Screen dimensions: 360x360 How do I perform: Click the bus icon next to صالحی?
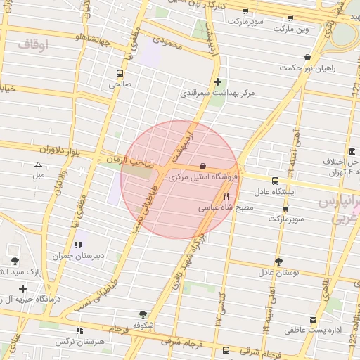pos(120,72)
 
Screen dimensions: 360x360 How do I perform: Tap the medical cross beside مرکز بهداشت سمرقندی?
pos(217,82)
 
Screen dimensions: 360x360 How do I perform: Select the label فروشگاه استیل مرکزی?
pos(203,177)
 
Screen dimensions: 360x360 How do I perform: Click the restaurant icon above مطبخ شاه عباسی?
pos(226,197)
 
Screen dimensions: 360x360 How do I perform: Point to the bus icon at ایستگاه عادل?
pos(275,180)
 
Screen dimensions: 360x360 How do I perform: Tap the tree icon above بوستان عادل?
pos(279,261)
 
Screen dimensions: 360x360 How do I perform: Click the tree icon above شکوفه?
pos(143,314)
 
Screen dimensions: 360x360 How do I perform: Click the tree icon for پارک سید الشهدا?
pos(15,261)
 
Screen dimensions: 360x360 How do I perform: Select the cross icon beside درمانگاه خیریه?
pos(23,288)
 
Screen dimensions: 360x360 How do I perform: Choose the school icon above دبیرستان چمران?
pos(79,245)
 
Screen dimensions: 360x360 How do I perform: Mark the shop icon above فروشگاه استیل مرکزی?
pos(203,166)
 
